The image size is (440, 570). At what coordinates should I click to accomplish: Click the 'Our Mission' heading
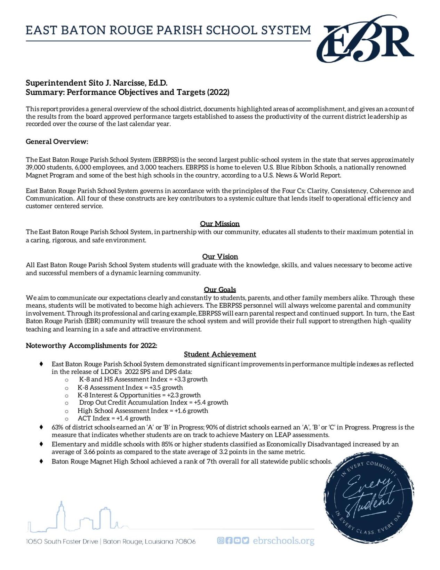pyautogui.click(x=219, y=224)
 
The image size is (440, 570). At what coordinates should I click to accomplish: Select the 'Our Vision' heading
pyautogui.click(x=220, y=256)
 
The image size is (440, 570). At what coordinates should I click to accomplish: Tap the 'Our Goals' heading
pyautogui.click(x=219, y=290)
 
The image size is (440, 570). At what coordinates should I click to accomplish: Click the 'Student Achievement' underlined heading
pyautogui.click(x=220, y=354)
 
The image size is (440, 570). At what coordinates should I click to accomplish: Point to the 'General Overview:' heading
pyautogui.click(x=57, y=142)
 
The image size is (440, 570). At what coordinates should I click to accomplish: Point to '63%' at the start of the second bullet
pyautogui.click(x=57, y=427)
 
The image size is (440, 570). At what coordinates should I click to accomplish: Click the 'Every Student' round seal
pyautogui.click(x=369, y=498)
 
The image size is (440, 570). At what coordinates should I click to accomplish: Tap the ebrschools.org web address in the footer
pyautogui.click(x=283, y=541)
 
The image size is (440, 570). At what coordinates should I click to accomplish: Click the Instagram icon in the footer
pyautogui.click(x=220, y=540)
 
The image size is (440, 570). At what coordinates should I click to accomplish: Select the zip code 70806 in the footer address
pyautogui.click(x=185, y=541)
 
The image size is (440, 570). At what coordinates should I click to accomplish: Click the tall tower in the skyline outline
pyautogui.click(x=61, y=515)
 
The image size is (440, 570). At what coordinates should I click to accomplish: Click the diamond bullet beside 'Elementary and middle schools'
pyautogui.click(x=41, y=444)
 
